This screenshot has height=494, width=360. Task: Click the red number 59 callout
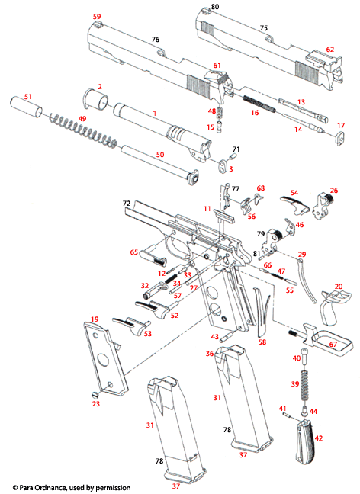tap(96, 16)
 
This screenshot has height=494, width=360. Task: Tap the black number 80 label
tap(215, 7)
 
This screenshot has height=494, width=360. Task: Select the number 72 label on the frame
tap(127, 204)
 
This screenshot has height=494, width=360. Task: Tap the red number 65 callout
tap(133, 252)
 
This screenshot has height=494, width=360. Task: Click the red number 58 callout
tap(262, 343)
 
